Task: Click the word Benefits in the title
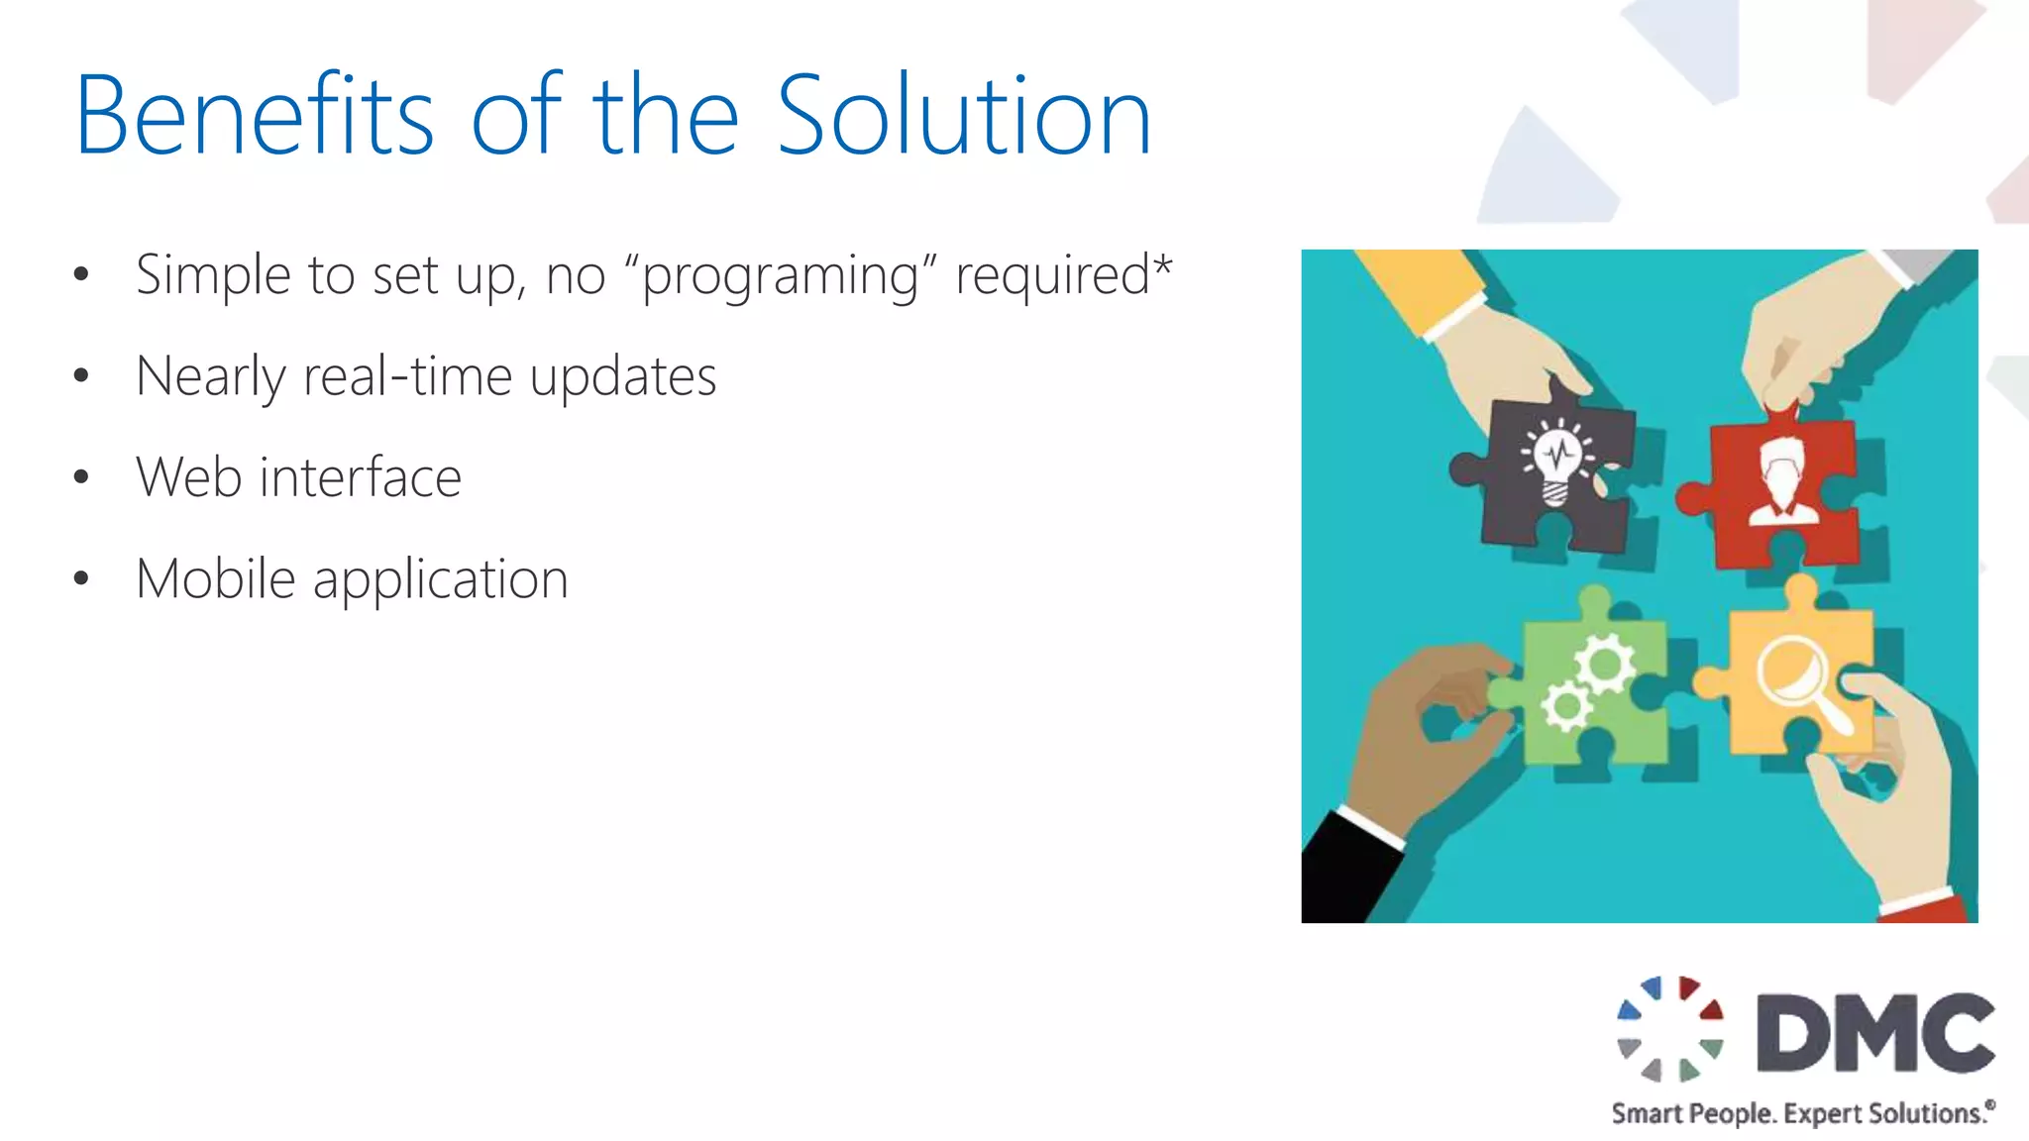tap(254, 116)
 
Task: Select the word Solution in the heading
tap(963, 116)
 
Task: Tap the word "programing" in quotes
tap(781, 275)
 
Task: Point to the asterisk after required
tap(1162, 265)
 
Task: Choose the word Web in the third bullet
tap(188, 477)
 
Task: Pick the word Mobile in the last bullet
tap(216, 578)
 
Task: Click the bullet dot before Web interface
tap(81, 477)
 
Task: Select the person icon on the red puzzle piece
tap(1783, 479)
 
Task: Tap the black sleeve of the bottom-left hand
tap(1342, 872)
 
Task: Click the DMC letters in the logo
tap(1875, 1033)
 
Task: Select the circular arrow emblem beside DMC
tap(1670, 1029)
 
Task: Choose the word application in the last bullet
tap(441, 580)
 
